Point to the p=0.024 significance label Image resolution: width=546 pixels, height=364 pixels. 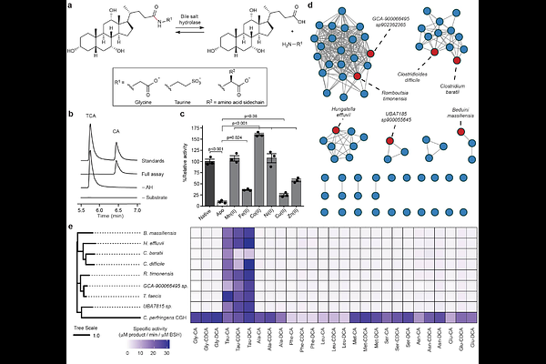tap(235, 137)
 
